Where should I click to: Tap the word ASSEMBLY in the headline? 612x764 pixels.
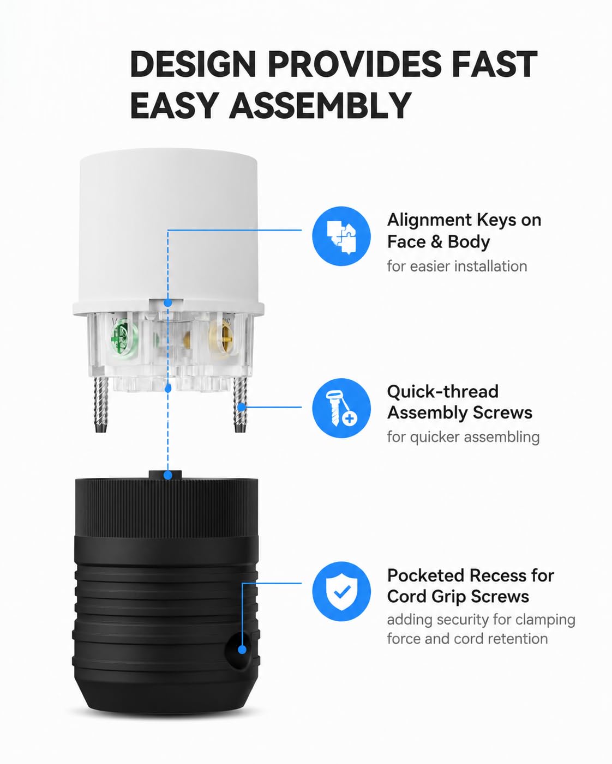(320, 105)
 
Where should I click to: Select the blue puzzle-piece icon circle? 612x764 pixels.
(341, 236)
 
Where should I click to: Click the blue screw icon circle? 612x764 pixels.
(341, 408)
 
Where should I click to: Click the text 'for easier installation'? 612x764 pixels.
(457, 266)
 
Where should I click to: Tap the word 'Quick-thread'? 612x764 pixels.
(443, 392)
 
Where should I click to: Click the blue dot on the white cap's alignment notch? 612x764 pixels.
(168, 303)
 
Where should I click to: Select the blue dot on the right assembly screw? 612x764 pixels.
(242, 407)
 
